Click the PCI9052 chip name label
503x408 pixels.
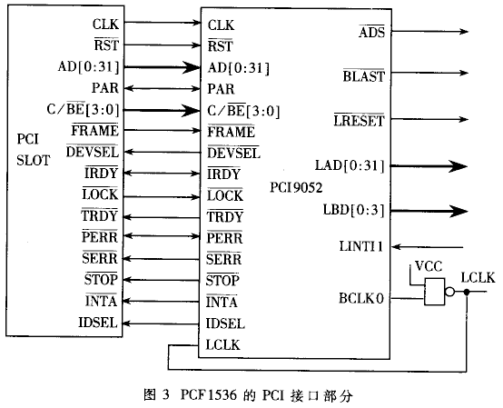[296, 188]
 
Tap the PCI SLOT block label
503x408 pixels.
[34, 150]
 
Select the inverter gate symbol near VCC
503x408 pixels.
[439, 292]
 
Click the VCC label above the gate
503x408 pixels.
[429, 266]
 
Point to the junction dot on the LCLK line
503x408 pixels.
[467, 292]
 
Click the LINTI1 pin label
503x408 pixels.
[361, 246]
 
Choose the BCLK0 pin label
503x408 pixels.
[361, 299]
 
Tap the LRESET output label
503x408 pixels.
[359, 121]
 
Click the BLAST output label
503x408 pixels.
[363, 76]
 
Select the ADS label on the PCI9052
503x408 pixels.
[371, 32]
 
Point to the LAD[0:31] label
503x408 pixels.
[350, 165]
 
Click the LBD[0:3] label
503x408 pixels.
[353, 210]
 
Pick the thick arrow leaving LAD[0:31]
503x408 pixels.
[429, 166]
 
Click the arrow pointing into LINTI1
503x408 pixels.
[428, 247]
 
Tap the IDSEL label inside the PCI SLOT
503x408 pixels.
[98, 323]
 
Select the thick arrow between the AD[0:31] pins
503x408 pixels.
[162, 67]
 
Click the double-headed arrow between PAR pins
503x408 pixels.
[162, 88]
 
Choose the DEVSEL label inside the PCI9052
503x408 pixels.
[233, 153]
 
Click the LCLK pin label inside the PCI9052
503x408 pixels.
[222, 345]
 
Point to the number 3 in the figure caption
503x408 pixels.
[165, 394]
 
